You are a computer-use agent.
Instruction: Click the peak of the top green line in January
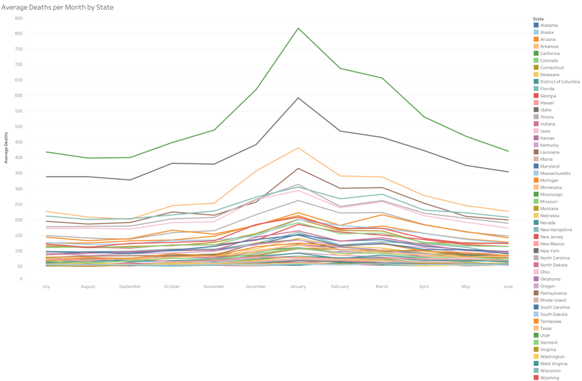click(299, 28)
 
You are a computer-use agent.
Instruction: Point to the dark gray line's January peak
click(299, 98)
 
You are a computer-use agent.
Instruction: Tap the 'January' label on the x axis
click(299, 286)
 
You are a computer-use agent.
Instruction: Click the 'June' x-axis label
click(508, 286)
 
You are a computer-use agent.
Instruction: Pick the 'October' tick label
click(172, 286)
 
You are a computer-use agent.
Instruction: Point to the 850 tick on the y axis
click(19, 18)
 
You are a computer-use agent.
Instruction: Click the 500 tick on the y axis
click(19, 127)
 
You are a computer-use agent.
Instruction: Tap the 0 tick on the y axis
click(21, 279)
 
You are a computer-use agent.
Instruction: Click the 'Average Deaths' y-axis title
click(6, 149)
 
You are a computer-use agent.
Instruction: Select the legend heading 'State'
click(538, 19)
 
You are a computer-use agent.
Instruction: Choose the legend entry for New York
click(550, 250)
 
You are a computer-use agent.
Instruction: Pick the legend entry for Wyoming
click(550, 378)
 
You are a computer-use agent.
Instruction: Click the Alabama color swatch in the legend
click(536, 26)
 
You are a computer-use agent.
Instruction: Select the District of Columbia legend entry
click(560, 82)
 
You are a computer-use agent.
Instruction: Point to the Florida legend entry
click(547, 89)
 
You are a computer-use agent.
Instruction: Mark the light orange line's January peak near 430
click(299, 148)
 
